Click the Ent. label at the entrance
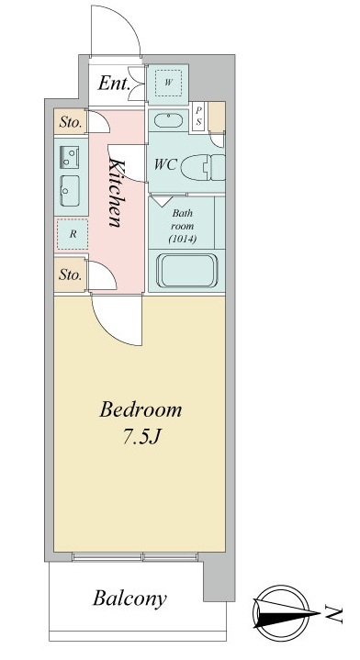pyautogui.click(x=113, y=84)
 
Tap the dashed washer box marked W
pyautogui.click(x=168, y=83)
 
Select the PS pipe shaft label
pyautogui.click(x=198, y=117)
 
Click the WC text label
pyautogui.click(x=165, y=164)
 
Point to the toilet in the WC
pyautogui.click(x=203, y=167)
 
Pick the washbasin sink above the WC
pyautogui.click(x=168, y=120)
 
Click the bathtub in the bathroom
pyautogui.click(x=187, y=271)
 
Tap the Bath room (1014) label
pyautogui.click(x=183, y=226)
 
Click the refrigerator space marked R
pyautogui.click(x=73, y=234)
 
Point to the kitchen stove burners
pyautogui.click(x=70, y=156)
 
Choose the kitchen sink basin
pyautogui.click(x=70, y=191)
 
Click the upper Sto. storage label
pyautogui.click(x=70, y=123)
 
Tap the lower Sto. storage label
pyautogui.click(x=70, y=275)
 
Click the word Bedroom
pyautogui.click(x=141, y=409)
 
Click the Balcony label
pyautogui.click(x=129, y=599)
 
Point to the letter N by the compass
pyautogui.click(x=333, y=615)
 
